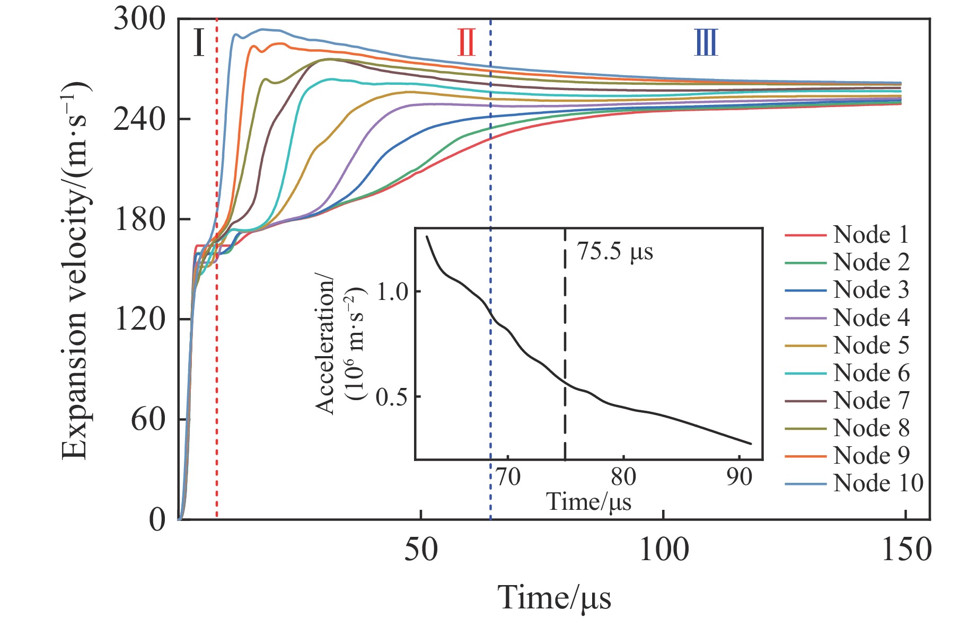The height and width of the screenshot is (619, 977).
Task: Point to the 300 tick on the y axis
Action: coord(139,20)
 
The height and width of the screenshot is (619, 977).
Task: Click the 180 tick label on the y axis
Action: coord(139,219)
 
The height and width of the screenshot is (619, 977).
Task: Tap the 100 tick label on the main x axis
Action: coord(664,550)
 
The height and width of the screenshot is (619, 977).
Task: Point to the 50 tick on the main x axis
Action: coord(421,550)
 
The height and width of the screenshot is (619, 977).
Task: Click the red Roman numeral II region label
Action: coord(467,43)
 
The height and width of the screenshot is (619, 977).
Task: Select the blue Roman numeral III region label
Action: coord(706,43)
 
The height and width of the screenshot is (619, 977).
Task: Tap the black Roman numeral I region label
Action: coord(198,43)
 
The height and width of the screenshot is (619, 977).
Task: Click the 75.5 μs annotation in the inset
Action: coord(615,252)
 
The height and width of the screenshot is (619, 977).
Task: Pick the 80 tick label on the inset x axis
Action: coord(623,477)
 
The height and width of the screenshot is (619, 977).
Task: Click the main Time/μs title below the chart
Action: coord(554,598)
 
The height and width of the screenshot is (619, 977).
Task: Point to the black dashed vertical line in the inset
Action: coord(565,344)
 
